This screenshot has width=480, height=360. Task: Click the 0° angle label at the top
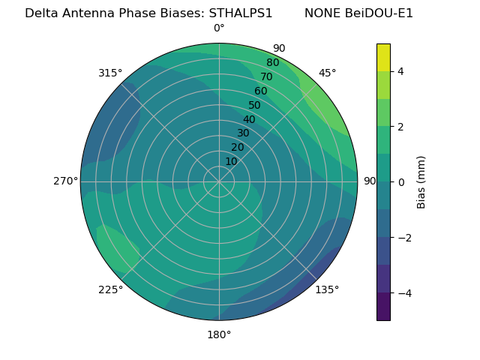tap(219, 28)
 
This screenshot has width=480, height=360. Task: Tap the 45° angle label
tap(327, 73)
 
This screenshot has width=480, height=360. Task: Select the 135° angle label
tap(327, 289)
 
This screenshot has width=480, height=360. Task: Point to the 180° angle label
tap(219, 334)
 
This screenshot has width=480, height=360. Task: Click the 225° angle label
tap(110, 289)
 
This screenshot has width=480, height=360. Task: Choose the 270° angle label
tap(65, 181)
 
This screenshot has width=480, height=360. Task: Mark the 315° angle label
tap(110, 73)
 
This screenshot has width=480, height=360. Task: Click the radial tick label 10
tap(231, 161)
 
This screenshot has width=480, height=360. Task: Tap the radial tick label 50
tap(255, 106)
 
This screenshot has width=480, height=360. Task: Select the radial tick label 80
tap(272, 63)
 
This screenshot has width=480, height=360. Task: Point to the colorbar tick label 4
tap(400, 71)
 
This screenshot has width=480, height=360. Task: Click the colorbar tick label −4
tap(403, 293)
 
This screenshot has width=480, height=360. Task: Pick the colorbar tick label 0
tap(400, 182)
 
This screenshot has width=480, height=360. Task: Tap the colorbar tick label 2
tap(400, 127)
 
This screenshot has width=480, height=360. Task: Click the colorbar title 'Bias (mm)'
tap(421, 181)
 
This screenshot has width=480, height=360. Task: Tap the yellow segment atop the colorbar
tap(383, 57)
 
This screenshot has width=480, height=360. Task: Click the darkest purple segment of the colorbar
tap(383, 307)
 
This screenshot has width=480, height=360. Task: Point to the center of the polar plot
tap(219, 181)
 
